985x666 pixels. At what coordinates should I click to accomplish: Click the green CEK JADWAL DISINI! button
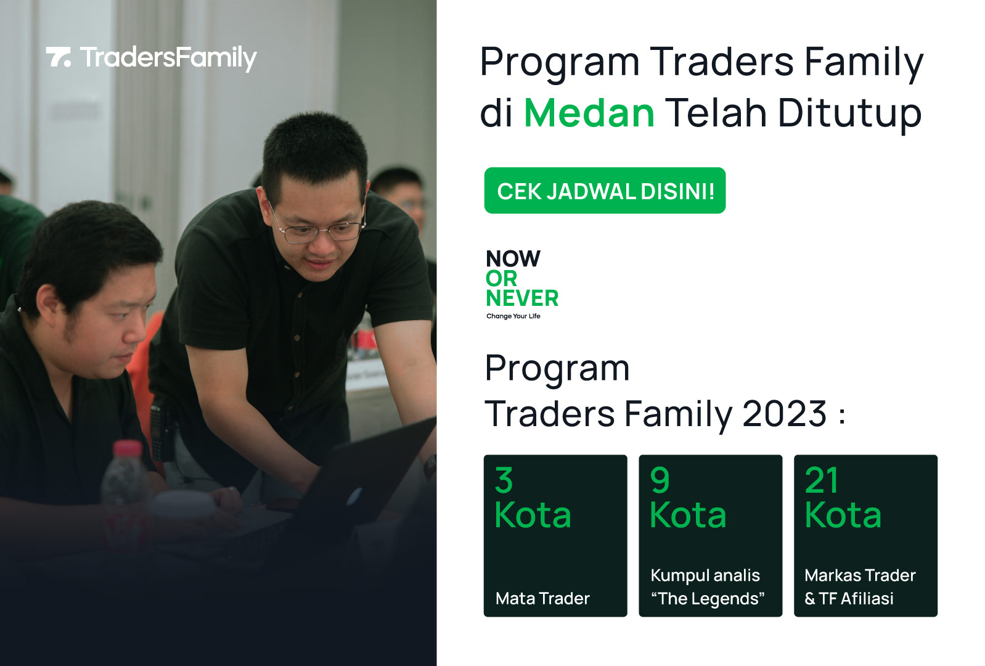tap(605, 191)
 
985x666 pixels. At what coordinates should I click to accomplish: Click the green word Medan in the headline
tap(589, 113)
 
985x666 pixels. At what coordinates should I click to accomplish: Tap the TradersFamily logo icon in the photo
tap(59, 57)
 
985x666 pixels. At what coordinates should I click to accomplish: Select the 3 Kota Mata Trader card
tap(555, 536)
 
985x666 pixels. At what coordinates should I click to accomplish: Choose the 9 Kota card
tap(711, 536)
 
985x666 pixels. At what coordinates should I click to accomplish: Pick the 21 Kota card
tap(866, 536)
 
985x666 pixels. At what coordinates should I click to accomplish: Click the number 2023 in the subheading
tap(785, 414)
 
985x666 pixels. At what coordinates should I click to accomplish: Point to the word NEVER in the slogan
tap(523, 298)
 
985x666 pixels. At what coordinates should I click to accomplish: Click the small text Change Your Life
tap(513, 316)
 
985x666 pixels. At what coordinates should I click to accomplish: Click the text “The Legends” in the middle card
tap(708, 599)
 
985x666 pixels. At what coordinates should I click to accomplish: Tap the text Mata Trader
tap(542, 599)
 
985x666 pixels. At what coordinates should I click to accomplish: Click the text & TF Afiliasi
tap(849, 599)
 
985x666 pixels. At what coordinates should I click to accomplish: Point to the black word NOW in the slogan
tap(513, 258)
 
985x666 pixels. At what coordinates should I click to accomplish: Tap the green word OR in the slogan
tap(501, 279)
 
